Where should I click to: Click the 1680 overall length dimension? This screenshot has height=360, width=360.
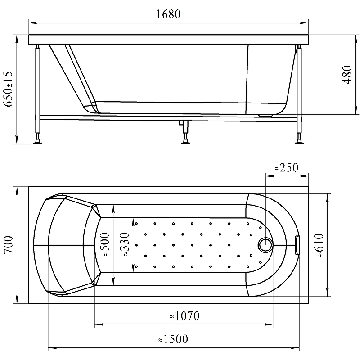click(x=168, y=14)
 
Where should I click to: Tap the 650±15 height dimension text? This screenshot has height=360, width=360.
click(x=8, y=89)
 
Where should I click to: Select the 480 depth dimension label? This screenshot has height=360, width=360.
click(x=347, y=75)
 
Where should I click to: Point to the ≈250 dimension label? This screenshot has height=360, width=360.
click(x=287, y=167)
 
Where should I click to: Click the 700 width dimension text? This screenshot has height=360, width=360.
click(x=9, y=244)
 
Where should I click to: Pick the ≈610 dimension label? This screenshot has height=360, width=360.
click(x=319, y=245)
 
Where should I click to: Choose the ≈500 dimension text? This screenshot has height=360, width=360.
click(x=105, y=244)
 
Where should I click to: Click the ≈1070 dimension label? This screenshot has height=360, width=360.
click(x=184, y=316)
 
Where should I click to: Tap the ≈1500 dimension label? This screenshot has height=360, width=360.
click(x=173, y=339)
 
